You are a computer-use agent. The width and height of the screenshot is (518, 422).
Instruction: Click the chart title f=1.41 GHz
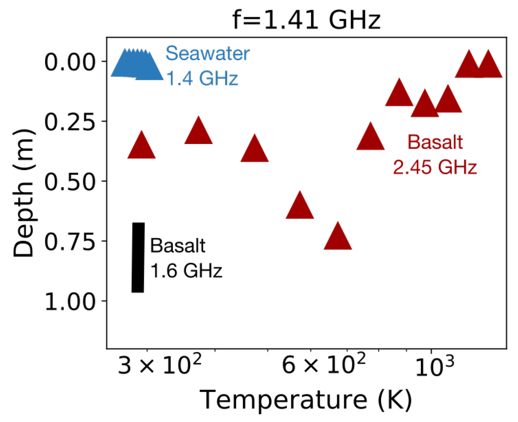[x=307, y=19]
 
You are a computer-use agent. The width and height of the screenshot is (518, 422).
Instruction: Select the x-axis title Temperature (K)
[x=306, y=400]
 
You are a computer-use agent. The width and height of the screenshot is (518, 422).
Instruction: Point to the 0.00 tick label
[x=70, y=62]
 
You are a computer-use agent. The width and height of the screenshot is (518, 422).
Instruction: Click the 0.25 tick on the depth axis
[x=70, y=122]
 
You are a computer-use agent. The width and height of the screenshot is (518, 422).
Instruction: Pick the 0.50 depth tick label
[x=70, y=182]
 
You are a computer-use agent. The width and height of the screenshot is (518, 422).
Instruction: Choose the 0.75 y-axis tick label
[x=70, y=242]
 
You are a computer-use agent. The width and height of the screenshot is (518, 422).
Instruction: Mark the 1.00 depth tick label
[x=70, y=302]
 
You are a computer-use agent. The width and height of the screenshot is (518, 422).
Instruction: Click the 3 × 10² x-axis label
[x=159, y=366]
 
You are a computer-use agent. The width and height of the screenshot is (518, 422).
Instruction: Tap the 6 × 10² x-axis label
[x=323, y=366]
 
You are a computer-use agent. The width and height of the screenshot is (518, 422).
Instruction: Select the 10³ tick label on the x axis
[x=434, y=367]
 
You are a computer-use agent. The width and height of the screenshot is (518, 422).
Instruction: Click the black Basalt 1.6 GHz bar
[x=138, y=257]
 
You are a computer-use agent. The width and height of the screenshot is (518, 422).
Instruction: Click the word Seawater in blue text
[x=207, y=53]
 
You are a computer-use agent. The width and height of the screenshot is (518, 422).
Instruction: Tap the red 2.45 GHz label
[x=435, y=167]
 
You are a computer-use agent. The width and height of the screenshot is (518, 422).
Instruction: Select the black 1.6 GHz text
[x=186, y=271]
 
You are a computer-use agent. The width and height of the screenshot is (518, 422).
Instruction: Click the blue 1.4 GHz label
[x=202, y=78]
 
